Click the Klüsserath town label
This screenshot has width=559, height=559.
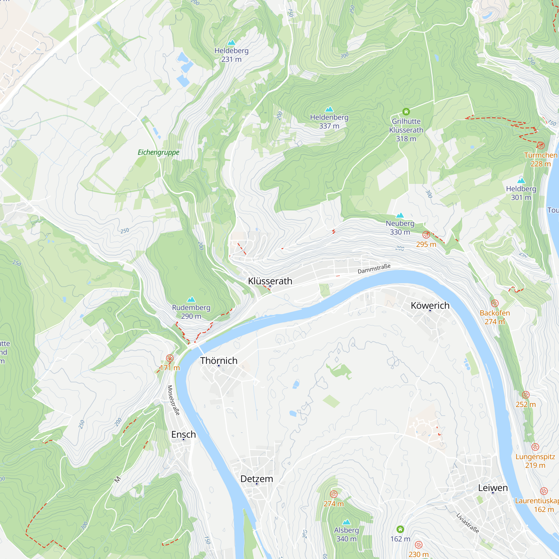pyautogui.click(x=270, y=281)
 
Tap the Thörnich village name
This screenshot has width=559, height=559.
pyautogui.click(x=219, y=361)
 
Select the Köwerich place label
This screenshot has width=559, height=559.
pyautogui.click(x=430, y=305)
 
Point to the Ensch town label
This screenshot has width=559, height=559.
pyautogui.click(x=183, y=434)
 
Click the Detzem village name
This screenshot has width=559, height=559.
pyautogui.click(x=257, y=479)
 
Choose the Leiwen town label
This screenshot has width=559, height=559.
pyautogui.click(x=493, y=487)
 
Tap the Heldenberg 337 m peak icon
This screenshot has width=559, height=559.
pyautogui.click(x=329, y=109)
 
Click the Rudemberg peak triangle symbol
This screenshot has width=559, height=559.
pyautogui.click(x=191, y=299)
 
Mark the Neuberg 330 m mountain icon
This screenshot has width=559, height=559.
pyautogui.click(x=400, y=215)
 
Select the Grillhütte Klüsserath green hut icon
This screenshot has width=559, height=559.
pyautogui.click(x=406, y=112)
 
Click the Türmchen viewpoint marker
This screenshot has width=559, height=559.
pyautogui.click(x=541, y=145)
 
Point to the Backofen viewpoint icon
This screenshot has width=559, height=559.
pyautogui.click(x=495, y=303)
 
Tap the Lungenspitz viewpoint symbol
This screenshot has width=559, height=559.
pyautogui.click(x=535, y=447)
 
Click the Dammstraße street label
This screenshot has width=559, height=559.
pyautogui.click(x=374, y=269)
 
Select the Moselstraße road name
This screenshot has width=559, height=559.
pyautogui.click(x=174, y=400)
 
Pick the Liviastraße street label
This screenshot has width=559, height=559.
pyautogui.click(x=468, y=523)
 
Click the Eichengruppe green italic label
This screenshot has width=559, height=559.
pyautogui.click(x=158, y=152)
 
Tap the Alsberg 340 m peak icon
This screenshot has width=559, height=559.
pyautogui.click(x=346, y=522)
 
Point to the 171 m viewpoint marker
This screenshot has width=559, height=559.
pyautogui.click(x=170, y=358)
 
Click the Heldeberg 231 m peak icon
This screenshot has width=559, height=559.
pyautogui.click(x=231, y=42)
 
